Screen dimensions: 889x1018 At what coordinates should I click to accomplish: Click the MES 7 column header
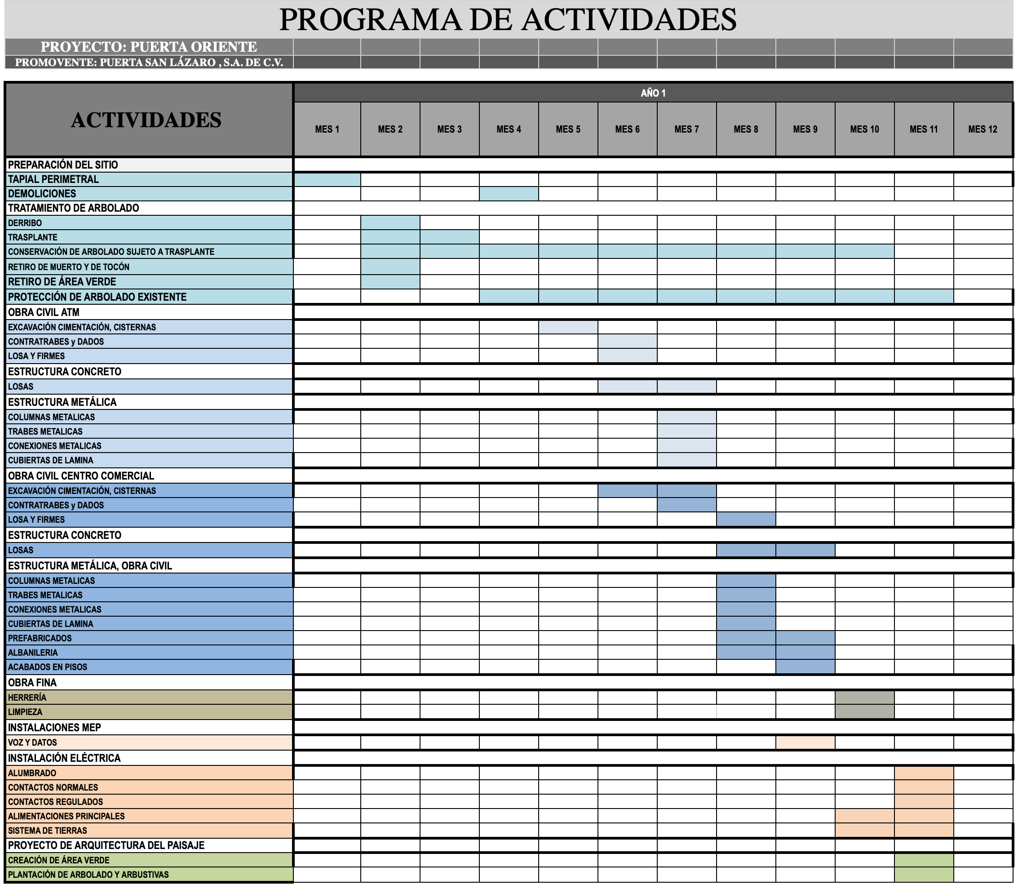686,129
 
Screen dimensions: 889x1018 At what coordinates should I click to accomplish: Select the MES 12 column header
983,129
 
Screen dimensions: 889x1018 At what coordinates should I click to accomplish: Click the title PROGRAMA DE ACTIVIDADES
508,20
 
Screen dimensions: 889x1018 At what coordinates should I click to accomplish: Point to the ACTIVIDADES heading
146,120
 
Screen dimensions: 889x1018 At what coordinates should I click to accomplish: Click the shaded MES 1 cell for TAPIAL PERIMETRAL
327,179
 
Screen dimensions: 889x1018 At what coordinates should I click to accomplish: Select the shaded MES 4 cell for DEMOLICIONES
509,193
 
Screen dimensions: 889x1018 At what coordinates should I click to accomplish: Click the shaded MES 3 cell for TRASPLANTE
449,237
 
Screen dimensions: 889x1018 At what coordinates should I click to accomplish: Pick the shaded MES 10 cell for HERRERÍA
864,698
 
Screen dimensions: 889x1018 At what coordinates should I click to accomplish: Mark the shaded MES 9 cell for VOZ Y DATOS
805,742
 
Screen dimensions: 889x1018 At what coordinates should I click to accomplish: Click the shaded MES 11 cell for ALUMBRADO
924,773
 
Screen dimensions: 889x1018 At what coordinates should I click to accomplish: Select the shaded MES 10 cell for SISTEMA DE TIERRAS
864,831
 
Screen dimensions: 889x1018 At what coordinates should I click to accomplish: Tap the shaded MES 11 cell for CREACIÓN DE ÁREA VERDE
924,860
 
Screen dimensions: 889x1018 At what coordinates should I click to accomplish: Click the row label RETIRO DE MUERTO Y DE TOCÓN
69,267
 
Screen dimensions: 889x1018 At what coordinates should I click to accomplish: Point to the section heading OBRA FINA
32,683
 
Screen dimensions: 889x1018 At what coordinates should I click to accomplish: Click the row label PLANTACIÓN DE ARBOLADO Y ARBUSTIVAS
88,875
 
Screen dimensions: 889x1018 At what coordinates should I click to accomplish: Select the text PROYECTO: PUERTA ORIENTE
149,47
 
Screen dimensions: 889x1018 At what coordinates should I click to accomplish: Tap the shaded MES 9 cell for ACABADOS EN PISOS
805,667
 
